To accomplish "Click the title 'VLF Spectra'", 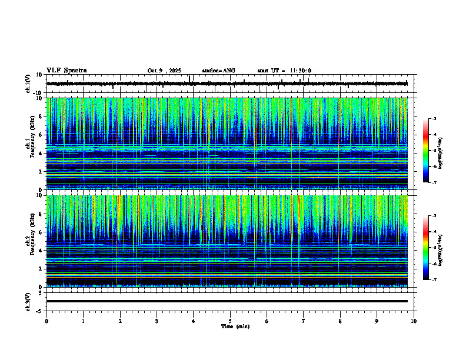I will pos(66,71).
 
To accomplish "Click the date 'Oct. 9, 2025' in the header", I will pos(166,71).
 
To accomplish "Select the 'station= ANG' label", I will pos(218,71).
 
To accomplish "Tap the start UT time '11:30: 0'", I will pos(300,71).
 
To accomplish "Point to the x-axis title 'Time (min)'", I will pos(235,326).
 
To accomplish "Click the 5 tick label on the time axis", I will pos(230,321).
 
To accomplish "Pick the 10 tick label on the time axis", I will pos(414,321).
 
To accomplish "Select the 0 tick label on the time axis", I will pos(46,321).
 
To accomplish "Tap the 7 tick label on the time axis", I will pos(304,321).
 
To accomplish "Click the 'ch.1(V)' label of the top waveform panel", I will pos(28,84).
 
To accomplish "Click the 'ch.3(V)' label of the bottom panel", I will pos(28,301).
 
